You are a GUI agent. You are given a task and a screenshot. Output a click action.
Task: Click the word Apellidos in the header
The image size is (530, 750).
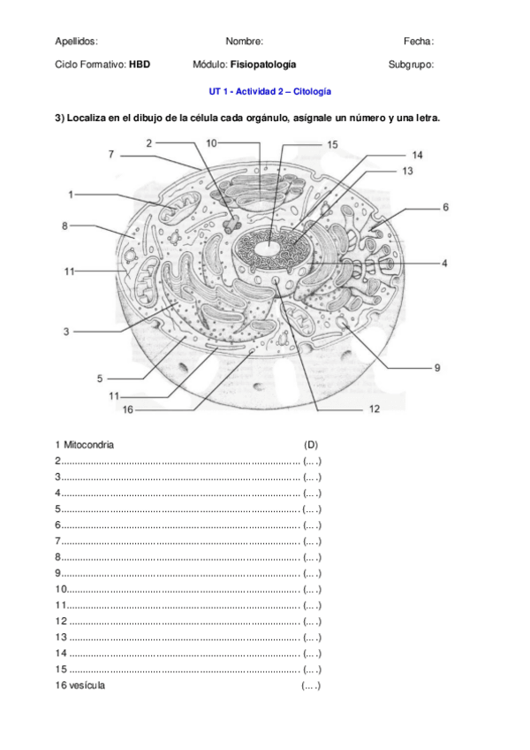[76, 41]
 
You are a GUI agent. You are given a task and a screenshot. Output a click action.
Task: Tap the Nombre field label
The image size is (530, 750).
[244, 41]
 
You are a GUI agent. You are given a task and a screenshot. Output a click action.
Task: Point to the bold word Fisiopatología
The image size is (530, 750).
[263, 65]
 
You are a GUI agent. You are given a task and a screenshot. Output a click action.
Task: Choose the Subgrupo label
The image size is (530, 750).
[411, 65]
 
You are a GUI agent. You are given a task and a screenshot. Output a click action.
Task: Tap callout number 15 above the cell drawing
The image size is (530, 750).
[332, 144]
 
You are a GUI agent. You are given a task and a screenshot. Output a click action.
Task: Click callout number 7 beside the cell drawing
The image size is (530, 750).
[111, 154]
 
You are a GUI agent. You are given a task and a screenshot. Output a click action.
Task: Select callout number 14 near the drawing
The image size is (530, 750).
[417, 155]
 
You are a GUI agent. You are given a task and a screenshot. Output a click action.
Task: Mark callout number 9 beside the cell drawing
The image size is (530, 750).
[436, 368]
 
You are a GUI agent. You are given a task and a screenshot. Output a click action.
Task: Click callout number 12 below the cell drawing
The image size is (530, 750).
[374, 409]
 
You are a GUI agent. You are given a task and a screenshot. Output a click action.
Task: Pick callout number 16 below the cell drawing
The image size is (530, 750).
[127, 409]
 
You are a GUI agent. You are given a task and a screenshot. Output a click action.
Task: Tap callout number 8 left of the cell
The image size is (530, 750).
[64, 226]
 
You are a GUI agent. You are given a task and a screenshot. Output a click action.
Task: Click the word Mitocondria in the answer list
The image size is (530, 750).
[88, 444]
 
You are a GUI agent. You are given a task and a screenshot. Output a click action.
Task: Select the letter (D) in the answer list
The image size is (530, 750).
[311, 444]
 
